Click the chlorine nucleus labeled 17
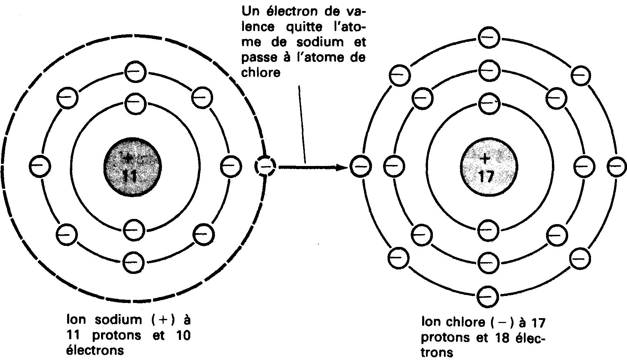click(488, 167)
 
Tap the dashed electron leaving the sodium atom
click(265, 167)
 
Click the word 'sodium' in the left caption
click(118, 320)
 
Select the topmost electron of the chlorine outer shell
click(488, 38)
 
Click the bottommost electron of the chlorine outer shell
click(488, 296)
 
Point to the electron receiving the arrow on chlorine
click(360, 167)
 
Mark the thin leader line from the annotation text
click(302, 124)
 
